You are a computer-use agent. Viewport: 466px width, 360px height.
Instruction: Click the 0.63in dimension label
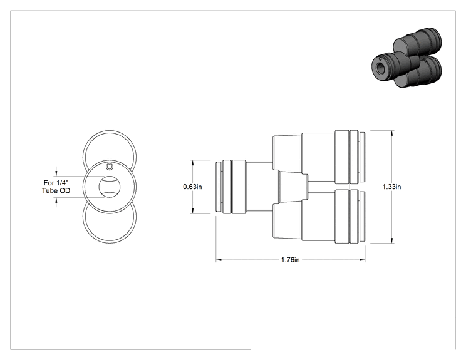[x=192, y=187]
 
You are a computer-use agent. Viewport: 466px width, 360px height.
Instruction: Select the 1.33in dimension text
[x=391, y=187]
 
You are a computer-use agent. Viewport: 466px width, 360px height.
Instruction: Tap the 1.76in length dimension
[x=291, y=260]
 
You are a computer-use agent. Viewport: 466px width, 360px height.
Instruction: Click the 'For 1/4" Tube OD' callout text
[x=56, y=187]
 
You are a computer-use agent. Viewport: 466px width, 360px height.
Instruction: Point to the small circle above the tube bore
[x=110, y=167]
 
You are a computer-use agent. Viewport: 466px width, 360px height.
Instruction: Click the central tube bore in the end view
[x=110, y=187]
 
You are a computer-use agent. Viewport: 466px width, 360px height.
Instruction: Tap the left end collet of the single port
[x=218, y=187]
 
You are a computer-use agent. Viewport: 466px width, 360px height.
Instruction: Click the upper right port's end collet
[x=362, y=157]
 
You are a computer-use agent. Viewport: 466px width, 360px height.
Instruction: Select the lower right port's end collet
[x=362, y=216]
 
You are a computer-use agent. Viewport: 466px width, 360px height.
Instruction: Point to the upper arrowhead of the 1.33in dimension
[x=392, y=133]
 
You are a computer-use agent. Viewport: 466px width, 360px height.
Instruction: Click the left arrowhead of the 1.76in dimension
[x=219, y=260]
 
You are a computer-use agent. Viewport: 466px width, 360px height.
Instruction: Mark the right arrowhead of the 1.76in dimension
[x=362, y=260]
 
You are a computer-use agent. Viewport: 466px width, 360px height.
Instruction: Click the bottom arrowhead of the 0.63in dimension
[x=192, y=210]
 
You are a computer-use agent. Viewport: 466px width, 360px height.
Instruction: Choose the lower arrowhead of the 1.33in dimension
[x=392, y=240]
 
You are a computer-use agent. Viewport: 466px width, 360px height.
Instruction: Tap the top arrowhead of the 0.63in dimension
[x=192, y=163]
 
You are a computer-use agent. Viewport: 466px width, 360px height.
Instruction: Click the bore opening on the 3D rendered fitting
[x=380, y=68]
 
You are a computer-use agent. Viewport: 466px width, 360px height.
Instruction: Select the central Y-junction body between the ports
[x=293, y=187]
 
